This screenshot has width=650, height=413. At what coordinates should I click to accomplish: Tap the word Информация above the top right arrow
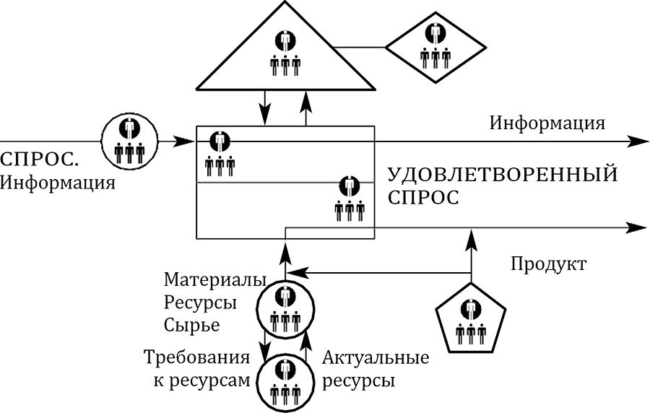(547, 122)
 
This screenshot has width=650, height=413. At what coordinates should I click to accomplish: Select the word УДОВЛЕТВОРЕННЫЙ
(503, 175)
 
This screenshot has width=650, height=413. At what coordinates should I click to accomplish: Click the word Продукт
(548, 264)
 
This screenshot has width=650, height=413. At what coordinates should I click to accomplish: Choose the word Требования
(196, 357)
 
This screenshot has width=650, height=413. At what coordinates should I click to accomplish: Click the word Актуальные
(376, 357)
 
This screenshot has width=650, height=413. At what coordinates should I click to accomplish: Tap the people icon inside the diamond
(435, 45)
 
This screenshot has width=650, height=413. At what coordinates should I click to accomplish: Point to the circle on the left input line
(129, 141)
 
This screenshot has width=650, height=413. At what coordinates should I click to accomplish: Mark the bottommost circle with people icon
(285, 382)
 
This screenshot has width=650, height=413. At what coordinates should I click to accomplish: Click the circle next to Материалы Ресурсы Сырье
(285, 307)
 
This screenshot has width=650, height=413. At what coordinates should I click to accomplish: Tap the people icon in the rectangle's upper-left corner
(220, 153)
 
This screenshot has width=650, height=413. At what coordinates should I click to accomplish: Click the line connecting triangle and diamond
(361, 48)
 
